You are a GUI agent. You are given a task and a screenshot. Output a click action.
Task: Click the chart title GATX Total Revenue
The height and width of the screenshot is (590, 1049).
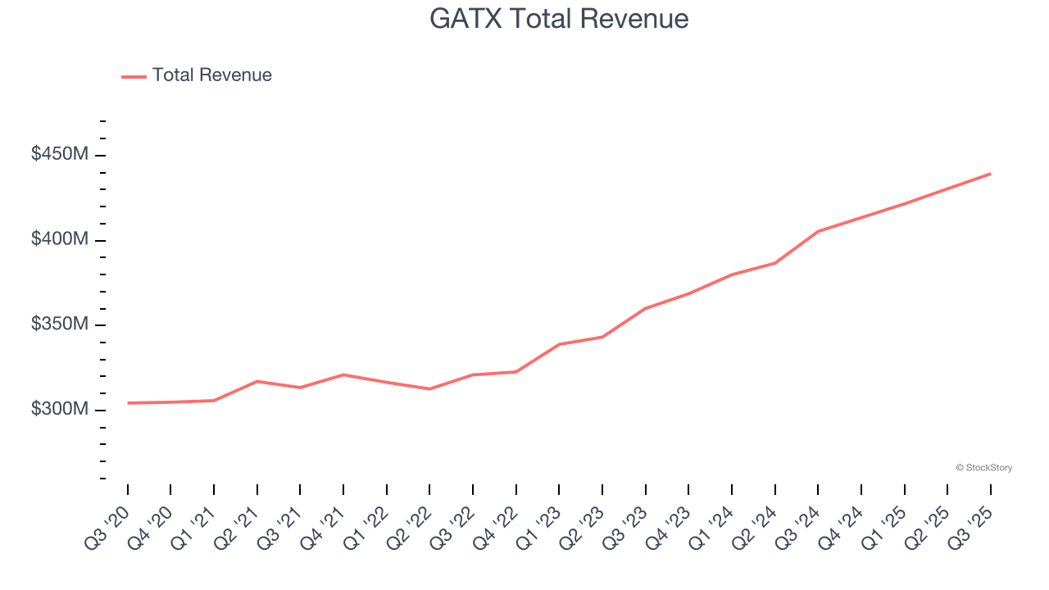[559, 19]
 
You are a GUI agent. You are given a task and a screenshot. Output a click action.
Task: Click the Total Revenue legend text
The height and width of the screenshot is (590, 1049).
[211, 75]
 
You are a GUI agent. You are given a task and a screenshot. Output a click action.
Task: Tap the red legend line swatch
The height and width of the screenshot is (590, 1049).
[134, 76]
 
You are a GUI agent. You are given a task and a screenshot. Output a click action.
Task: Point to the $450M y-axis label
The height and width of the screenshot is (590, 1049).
[59, 154]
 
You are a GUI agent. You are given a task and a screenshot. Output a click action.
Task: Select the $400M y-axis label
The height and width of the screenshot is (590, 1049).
[59, 239]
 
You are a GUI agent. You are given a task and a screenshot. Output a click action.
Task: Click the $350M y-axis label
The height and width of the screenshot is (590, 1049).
[59, 324]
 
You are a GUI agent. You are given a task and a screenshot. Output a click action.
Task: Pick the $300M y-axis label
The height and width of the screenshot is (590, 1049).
[59, 409]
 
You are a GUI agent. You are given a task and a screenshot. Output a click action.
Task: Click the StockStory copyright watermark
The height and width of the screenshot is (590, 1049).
[983, 468]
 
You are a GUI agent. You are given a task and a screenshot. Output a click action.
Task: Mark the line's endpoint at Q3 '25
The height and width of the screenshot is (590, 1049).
[990, 174]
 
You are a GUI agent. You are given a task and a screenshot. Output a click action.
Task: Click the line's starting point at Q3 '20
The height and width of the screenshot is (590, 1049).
[128, 403]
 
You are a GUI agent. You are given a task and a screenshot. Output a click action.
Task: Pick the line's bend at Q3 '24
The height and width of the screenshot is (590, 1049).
[818, 231]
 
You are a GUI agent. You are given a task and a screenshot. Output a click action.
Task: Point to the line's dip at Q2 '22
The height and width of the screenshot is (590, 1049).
[429, 388]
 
